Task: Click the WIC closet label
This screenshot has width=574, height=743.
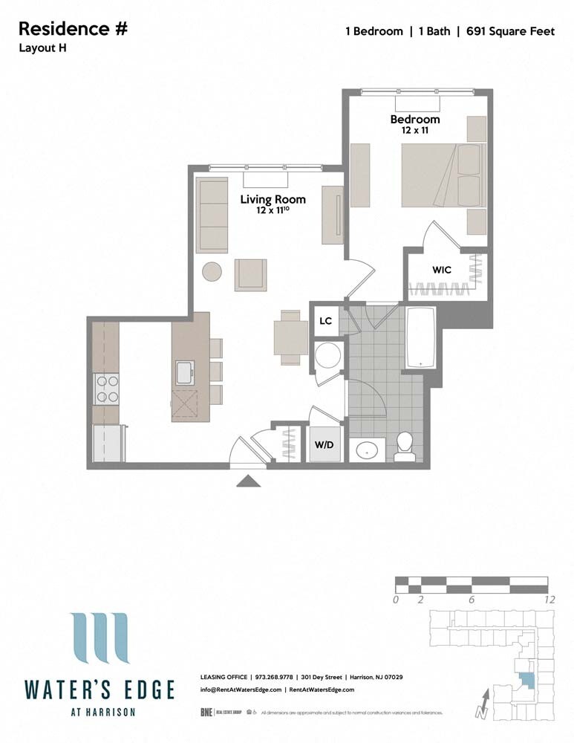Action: [442, 270]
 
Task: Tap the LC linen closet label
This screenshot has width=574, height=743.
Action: [325, 321]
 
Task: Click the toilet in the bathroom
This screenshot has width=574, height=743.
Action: [405, 447]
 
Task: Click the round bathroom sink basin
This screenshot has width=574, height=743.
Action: [366, 450]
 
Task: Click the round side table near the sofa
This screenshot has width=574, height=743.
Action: [212, 272]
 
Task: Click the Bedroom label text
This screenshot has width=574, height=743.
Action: [415, 119]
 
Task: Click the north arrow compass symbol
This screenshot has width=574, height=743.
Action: [483, 703]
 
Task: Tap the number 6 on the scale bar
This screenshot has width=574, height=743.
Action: [471, 600]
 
